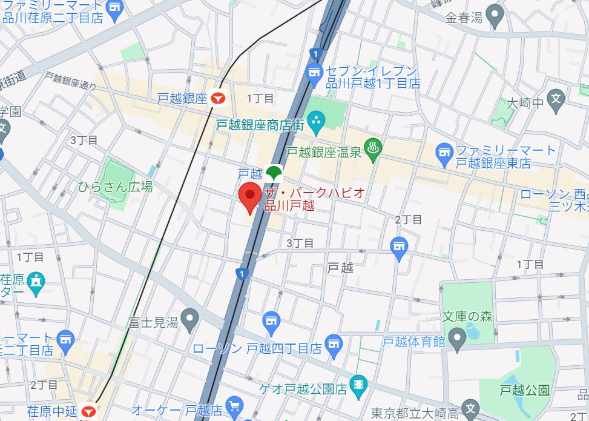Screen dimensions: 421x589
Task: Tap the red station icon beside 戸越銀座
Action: [x=218, y=98]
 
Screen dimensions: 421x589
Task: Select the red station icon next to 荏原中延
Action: [x=88, y=412]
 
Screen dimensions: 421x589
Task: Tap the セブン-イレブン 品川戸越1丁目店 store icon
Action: [x=314, y=75]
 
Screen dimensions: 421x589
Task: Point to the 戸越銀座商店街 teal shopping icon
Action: [x=315, y=124]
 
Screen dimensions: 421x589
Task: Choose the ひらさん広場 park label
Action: [x=115, y=187]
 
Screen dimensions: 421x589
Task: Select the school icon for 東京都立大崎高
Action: [x=469, y=408]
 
